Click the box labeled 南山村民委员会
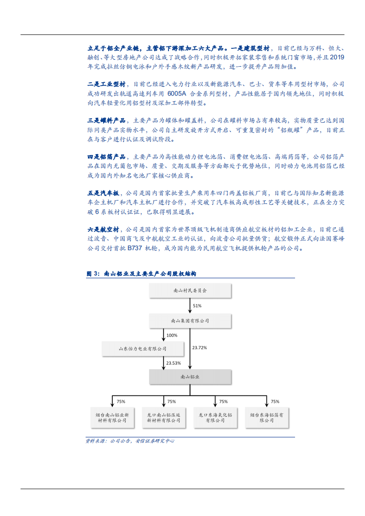point(190,291)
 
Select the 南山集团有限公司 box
point(190,321)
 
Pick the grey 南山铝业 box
point(190,377)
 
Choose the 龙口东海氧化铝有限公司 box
point(215,417)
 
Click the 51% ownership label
point(197,305)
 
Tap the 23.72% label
point(199,348)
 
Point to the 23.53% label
point(174,363)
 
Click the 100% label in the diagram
point(172,335)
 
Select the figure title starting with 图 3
point(141,274)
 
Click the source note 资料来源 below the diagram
point(130,441)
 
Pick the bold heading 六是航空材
point(103,229)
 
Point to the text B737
point(135,248)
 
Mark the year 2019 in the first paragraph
point(337,57)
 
